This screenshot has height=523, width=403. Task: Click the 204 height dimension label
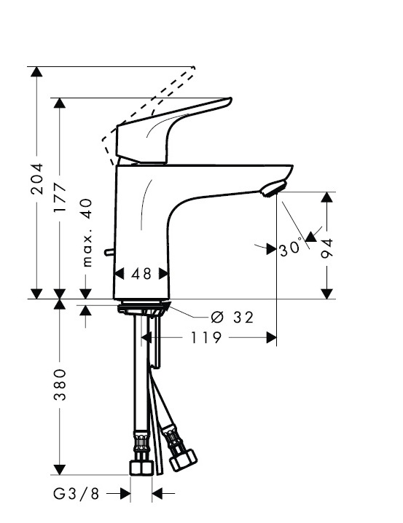pos(36,178)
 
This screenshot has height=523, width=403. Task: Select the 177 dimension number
pos(60,197)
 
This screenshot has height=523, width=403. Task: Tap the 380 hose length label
pos(60,385)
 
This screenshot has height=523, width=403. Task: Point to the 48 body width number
pos(141,274)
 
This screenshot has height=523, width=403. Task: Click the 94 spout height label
pos(327,248)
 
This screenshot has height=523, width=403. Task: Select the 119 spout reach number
pos(206,337)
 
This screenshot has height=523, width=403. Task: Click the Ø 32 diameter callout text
pos(232,317)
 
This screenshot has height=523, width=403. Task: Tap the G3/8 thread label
pos(76,494)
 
